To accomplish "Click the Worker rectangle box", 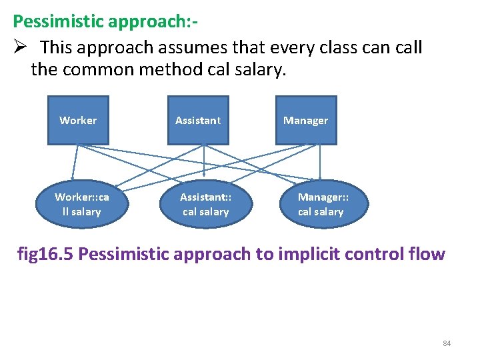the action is (78, 120).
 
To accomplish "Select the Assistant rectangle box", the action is (198, 120).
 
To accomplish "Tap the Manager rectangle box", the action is (306, 120).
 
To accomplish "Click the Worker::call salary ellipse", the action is (81, 204).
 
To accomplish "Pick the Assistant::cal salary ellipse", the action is (205, 204).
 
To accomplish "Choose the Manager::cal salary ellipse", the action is (323, 204).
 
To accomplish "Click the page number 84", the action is (447, 343).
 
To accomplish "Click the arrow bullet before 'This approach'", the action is (19, 48).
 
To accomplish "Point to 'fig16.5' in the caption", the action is (46, 254).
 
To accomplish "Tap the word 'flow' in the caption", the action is (426, 254).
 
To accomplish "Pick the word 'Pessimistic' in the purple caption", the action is (127, 254).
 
